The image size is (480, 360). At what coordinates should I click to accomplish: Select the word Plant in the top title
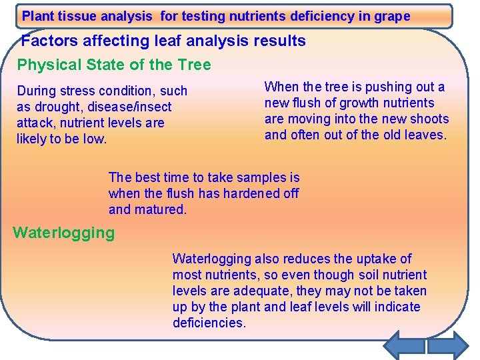[x=38, y=16]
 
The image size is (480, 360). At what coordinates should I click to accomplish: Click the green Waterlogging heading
[x=64, y=233]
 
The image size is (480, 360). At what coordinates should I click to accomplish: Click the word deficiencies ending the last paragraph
[x=209, y=323]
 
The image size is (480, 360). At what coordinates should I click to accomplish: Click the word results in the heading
[x=277, y=41]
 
